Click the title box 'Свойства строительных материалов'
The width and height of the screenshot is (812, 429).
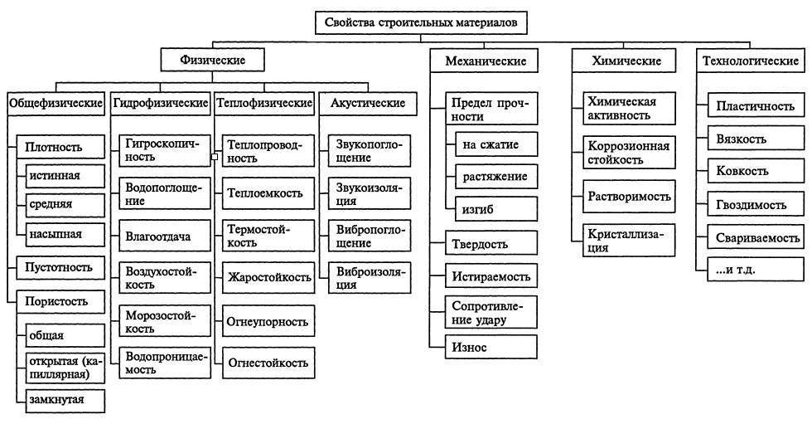click(420, 23)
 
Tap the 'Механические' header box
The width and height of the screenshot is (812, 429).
click(486, 61)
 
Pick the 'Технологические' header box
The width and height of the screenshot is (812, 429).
click(751, 61)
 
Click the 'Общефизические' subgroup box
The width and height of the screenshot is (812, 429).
click(56, 103)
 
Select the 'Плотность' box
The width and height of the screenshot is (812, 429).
click(60, 148)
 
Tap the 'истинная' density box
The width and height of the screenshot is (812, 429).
click(64, 177)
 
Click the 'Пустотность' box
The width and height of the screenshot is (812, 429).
click(60, 267)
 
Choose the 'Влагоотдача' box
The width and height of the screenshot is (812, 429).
click(158, 236)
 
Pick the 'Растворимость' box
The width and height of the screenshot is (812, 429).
click(627, 198)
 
